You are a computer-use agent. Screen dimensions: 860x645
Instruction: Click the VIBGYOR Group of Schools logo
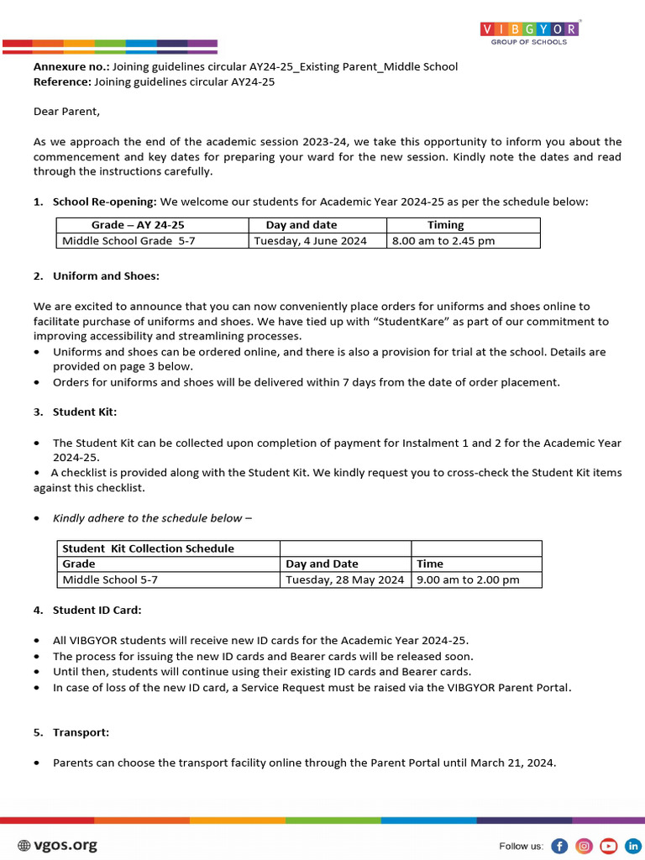(529, 32)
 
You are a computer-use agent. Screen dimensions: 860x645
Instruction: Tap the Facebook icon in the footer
(559, 846)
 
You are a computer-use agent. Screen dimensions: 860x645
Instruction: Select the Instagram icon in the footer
(585, 846)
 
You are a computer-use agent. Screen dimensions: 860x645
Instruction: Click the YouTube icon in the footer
(609, 846)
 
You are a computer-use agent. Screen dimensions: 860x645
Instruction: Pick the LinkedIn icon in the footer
(632, 846)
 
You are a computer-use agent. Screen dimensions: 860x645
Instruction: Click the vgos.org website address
(57, 846)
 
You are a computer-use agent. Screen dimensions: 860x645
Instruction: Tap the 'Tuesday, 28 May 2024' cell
(344, 579)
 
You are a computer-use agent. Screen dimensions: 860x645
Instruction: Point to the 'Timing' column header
(445, 225)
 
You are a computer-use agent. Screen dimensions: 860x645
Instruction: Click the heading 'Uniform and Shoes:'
(106, 275)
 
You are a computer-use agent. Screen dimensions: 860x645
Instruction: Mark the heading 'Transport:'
(81, 732)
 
